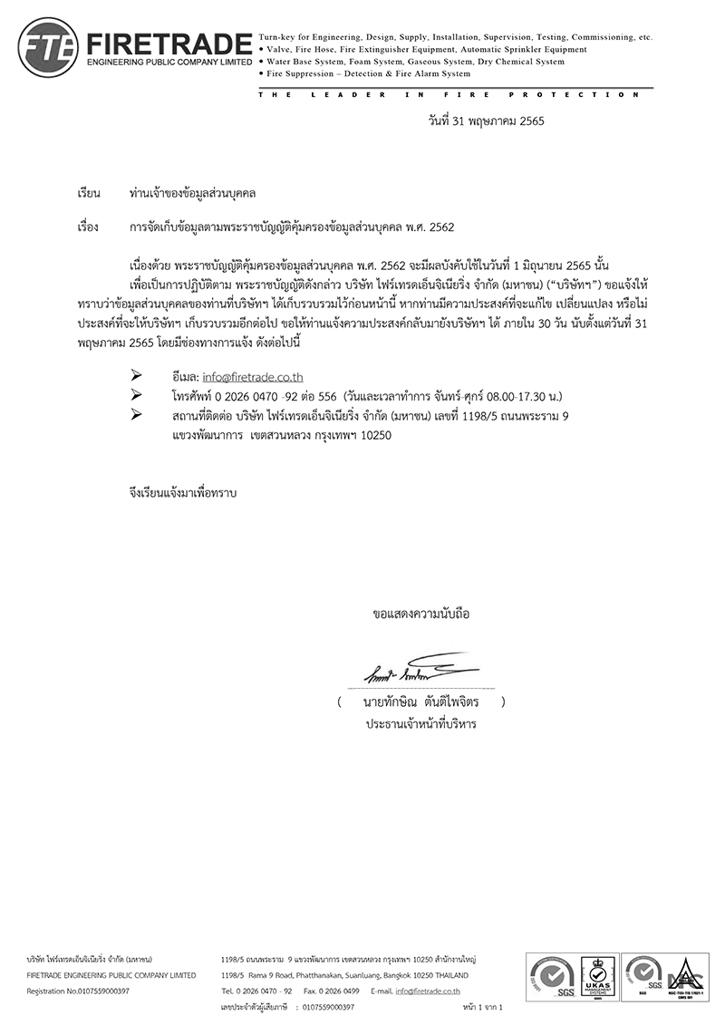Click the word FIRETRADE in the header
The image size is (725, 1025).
coord(169,42)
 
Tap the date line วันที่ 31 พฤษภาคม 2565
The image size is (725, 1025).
coord(486,120)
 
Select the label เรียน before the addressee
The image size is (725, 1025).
coord(88,194)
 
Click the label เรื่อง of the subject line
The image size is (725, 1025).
coord(88,227)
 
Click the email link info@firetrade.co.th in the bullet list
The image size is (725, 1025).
coord(253,377)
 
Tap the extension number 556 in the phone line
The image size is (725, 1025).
coord(326,396)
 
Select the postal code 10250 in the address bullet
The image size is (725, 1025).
coord(374,434)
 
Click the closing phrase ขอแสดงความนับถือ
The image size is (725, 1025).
coord(421,614)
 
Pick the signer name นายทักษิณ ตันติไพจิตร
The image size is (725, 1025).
coord(420,702)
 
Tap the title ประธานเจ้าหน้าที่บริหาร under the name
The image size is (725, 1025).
coord(420,725)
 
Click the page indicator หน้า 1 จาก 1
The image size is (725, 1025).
coord(481,1007)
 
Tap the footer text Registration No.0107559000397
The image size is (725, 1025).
coord(78,991)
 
